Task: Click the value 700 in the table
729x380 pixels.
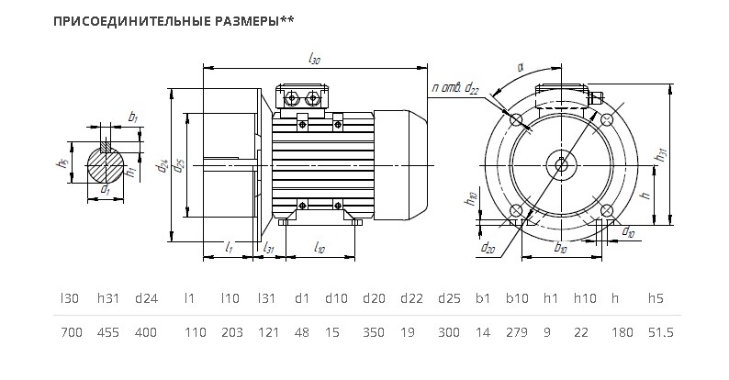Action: (x=72, y=332)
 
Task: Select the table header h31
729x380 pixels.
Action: (x=108, y=298)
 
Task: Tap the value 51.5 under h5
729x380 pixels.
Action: (x=661, y=332)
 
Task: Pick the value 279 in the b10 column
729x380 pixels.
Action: (x=517, y=332)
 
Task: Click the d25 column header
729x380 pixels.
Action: (x=449, y=298)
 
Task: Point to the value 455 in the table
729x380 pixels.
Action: (x=107, y=332)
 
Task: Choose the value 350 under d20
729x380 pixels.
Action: (x=374, y=332)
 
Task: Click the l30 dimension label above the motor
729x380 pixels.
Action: (x=314, y=60)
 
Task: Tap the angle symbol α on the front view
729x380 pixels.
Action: (x=521, y=67)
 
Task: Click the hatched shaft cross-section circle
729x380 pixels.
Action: (x=106, y=165)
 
